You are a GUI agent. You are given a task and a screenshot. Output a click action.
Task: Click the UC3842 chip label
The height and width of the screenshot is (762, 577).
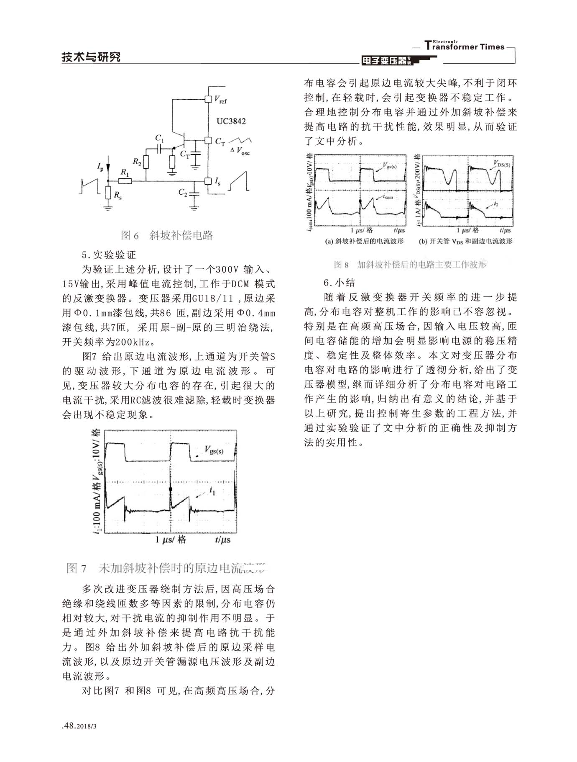pos(231,121)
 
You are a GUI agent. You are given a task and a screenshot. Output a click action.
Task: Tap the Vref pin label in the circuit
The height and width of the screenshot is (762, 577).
pos(220,100)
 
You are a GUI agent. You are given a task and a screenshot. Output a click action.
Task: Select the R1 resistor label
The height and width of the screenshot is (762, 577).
pos(125,172)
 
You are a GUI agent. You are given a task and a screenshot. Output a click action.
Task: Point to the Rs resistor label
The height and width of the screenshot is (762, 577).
pos(118,195)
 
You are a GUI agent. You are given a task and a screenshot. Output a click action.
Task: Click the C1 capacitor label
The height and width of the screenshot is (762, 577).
pos(159,138)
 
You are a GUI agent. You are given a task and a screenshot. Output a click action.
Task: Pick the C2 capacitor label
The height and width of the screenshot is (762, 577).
pos(183,192)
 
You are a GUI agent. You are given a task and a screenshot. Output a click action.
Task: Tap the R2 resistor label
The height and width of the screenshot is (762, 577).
pos(137,161)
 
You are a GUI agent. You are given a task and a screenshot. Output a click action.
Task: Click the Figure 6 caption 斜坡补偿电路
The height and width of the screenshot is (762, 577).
pos(167,235)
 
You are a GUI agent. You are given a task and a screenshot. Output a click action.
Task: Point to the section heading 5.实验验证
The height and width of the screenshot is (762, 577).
pos(109,255)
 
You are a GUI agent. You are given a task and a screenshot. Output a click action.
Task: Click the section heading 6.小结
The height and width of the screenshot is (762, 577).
pos(340,282)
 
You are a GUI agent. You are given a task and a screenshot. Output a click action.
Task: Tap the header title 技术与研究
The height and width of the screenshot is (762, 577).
pos(91,57)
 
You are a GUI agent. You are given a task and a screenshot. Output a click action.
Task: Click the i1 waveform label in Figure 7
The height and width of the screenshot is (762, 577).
pos(212,490)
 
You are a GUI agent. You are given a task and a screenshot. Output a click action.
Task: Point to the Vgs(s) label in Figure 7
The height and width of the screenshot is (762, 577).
pos(214,451)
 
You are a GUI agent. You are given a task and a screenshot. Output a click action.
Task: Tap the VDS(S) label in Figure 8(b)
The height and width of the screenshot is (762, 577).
pos(501,164)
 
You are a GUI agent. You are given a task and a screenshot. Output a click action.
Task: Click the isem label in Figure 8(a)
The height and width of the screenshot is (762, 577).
pos(387,196)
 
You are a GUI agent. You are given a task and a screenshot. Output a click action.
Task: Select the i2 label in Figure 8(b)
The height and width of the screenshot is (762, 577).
pos(495,204)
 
